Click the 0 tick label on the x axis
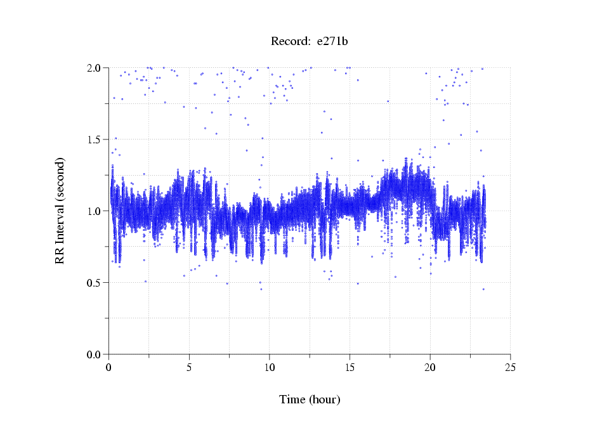pos(109,367)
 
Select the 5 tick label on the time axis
pos(189,367)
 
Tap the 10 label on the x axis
pos(270,367)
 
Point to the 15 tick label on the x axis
pos(350,367)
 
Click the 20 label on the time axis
pos(430,367)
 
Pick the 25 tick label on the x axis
pos(510,367)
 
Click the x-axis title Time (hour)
pos(310,400)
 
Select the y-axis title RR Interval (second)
pos(60,211)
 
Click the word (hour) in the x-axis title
pos(324,400)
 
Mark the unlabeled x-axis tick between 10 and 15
pos(310,356)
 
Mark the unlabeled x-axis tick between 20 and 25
pos(470,356)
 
